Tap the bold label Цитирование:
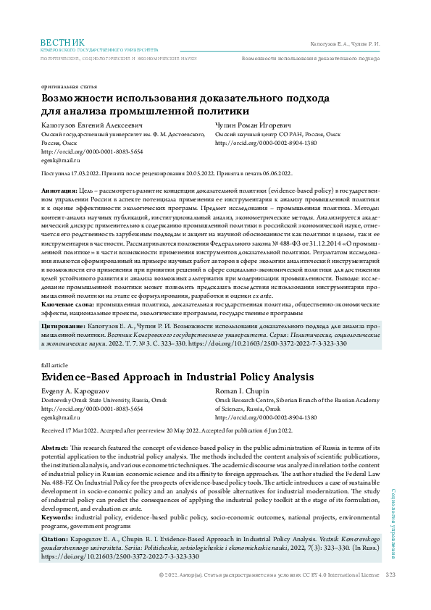[67, 328]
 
